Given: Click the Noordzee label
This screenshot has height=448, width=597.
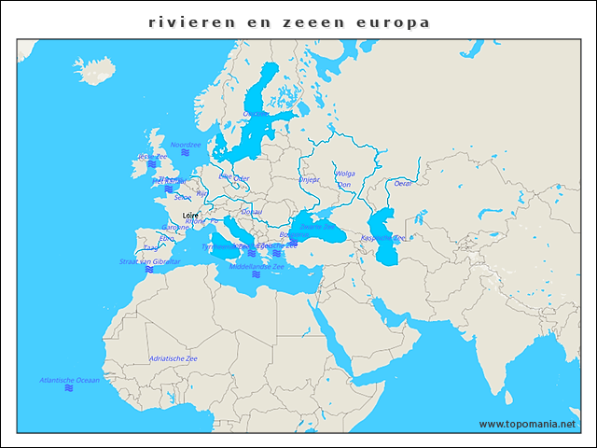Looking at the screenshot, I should tap(186, 145).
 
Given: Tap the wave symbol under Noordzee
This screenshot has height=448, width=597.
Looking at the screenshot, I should tap(185, 153).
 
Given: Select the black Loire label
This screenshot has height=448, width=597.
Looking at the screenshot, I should tap(191, 215).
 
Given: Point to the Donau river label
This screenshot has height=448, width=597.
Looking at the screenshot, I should tap(252, 212).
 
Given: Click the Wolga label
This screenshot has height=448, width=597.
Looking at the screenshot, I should tap(345, 174).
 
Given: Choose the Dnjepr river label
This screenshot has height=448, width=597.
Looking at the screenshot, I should tap(309, 179).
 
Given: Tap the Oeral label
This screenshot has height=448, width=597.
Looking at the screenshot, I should tap(403, 184).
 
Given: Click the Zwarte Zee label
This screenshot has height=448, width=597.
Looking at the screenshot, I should tap(317, 226).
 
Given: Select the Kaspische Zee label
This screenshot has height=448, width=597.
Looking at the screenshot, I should tap(382, 238).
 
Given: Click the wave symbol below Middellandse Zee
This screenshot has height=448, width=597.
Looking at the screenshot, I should tap(256, 274).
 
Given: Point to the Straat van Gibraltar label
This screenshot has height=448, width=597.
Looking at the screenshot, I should tap(149, 262).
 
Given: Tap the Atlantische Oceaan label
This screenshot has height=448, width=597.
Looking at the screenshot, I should tap(69, 380).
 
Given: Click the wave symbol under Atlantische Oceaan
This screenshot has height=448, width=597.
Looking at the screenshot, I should tap(69, 388).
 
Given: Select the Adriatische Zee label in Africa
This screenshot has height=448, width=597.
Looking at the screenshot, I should tap(174, 358).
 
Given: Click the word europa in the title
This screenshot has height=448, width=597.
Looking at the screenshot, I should tap(397, 21).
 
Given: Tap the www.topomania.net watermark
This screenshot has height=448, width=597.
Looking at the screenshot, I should tap(528, 424).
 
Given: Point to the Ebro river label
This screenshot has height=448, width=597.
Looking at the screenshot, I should tap(167, 238).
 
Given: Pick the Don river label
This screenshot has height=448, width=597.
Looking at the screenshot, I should tap(343, 185).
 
